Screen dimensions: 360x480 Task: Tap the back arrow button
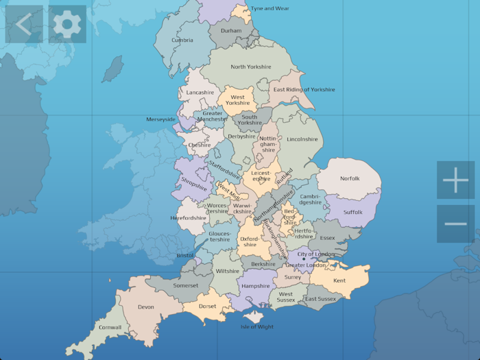click(24, 25)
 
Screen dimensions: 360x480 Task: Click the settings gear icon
click(67, 25)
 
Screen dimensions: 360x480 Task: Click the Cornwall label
click(110, 328)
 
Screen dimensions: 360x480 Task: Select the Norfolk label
click(350, 179)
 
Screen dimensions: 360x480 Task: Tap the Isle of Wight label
click(257, 327)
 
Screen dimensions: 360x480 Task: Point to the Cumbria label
click(182, 40)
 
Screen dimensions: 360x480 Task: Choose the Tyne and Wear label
click(270, 9)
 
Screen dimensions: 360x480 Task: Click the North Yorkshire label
click(251, 67)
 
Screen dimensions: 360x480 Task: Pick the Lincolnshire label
click(302, 139)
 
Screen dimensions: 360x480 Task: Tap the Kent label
click(339, 280)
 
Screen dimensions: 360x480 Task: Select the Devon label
click(146, 307)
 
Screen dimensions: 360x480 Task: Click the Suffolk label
click(352, 213)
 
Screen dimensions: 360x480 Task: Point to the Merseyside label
click(161, 119)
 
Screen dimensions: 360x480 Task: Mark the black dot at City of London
click(304, 259)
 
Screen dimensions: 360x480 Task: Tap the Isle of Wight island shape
click(254, 316)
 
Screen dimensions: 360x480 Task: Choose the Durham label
click(231, 31)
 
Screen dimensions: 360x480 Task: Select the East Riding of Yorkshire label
click(304, 90)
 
